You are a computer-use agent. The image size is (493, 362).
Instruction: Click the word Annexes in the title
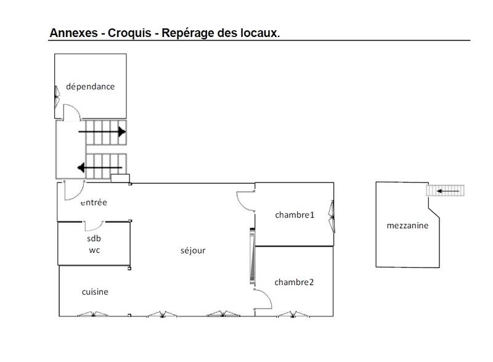73,33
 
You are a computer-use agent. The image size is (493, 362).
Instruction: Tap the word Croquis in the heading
129,33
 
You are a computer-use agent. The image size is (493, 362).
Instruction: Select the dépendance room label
90,86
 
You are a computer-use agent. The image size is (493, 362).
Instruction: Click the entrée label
94,202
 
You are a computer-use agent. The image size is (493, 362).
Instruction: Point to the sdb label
94,239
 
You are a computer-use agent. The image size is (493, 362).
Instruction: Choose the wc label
94,250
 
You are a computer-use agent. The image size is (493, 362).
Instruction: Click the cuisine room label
95,292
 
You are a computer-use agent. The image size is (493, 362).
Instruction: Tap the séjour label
193,250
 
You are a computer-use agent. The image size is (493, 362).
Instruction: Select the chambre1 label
295,215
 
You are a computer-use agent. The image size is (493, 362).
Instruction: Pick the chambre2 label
294,282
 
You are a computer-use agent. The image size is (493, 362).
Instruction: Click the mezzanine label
407,226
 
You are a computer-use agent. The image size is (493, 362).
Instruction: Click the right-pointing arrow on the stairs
102,132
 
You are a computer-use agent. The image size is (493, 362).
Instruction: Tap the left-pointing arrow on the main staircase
100,168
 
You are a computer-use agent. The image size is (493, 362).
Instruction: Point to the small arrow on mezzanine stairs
448,191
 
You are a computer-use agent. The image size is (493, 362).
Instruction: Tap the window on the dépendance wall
57,97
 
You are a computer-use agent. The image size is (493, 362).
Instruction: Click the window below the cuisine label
93,314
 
